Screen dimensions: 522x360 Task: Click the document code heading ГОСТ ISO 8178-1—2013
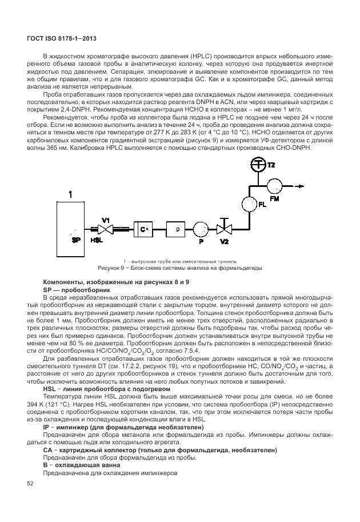53,38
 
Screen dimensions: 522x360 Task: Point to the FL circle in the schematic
249,203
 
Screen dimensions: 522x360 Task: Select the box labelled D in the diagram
177,229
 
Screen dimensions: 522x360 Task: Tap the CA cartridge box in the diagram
143,229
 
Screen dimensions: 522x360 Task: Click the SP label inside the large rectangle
76,240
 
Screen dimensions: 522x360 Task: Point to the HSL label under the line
97,241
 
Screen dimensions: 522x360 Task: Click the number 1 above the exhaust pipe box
70,195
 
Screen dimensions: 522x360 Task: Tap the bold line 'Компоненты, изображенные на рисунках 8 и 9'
115,282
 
